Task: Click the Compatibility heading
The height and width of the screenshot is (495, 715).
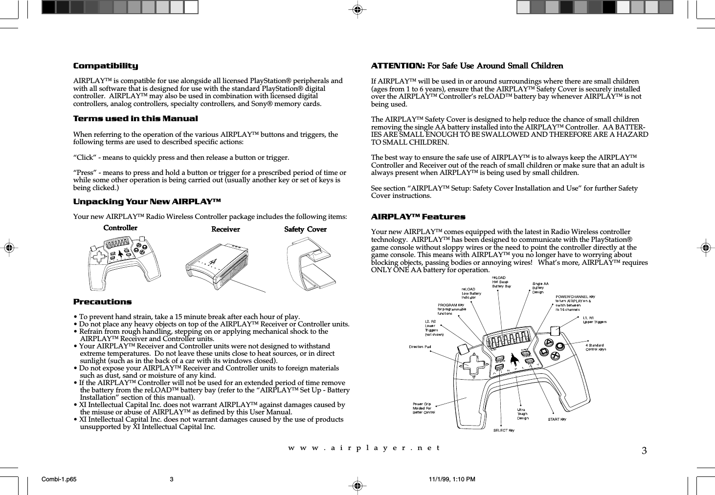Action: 106,66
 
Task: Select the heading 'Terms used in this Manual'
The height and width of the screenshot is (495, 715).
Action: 135,119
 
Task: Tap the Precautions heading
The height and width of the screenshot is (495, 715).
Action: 102,302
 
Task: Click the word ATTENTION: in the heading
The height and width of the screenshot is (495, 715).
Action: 398,66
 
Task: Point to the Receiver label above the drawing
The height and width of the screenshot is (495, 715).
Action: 225,229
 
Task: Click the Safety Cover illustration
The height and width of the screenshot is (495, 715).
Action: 311,264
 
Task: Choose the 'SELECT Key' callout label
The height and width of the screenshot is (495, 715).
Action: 504,430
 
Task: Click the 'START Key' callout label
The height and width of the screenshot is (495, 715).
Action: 557,419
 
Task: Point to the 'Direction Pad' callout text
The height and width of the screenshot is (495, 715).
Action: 420,347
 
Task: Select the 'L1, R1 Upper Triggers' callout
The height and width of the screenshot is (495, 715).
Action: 594,320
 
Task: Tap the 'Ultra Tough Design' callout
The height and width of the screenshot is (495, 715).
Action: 523,414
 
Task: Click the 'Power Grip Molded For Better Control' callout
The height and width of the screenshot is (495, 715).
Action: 424,408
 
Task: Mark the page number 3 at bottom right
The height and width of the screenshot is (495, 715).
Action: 644,451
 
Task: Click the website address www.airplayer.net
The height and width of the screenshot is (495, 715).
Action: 364,448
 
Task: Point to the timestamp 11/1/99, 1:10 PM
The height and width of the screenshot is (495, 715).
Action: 452,479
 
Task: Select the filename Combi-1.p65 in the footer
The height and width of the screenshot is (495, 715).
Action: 59,479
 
